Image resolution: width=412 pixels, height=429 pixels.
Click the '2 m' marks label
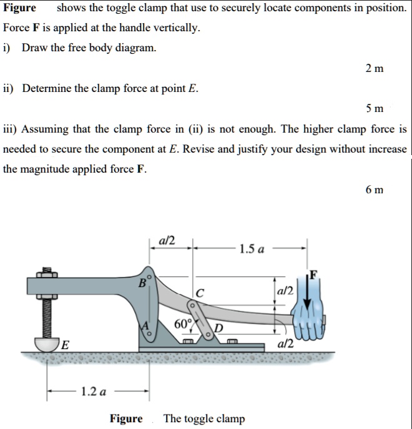point(375,68)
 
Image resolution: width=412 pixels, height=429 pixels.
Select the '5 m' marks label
point(375,108)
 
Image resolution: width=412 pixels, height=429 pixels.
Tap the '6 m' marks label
point(375,189)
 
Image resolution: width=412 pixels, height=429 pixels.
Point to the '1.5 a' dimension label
point(251,248)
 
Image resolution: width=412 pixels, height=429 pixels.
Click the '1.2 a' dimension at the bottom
point(94,392)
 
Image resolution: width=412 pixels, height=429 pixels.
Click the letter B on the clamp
point(143,283)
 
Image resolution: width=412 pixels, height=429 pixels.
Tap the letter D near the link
point(218,330)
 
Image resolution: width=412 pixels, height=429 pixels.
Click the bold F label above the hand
point(314,273)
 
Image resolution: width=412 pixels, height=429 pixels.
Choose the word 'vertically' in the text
point(177,28)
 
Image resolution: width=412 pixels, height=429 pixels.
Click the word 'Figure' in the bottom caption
point(126,418)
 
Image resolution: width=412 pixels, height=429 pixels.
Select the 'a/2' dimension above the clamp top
point(167,240)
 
